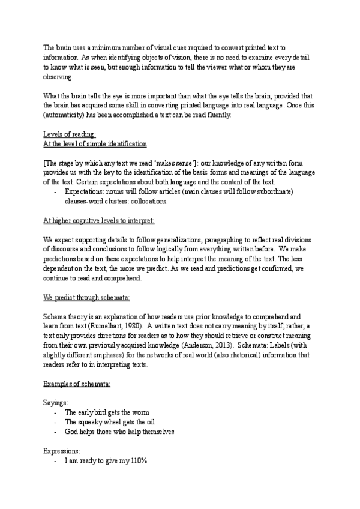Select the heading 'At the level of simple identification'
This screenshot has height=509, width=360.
tap(95, 144)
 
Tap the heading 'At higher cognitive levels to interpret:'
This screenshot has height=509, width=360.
tap(99, 220)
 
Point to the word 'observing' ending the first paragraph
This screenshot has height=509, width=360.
tap(58, 78)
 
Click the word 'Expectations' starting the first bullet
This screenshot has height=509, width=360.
tap(84, 191)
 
